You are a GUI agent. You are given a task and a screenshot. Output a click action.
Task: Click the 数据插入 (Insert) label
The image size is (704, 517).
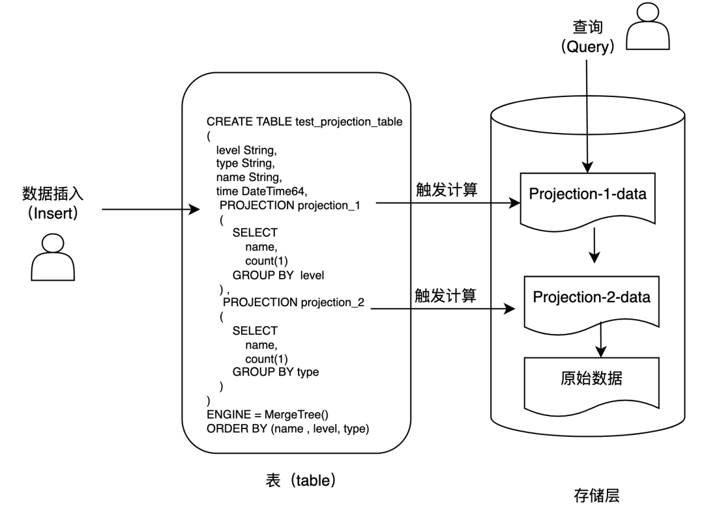click(x=53, y=203)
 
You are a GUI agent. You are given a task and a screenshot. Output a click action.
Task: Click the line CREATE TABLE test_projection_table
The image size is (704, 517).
click(x=304, y=122)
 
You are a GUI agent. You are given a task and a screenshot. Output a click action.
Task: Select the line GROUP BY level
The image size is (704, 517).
click(x=278, y=275)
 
